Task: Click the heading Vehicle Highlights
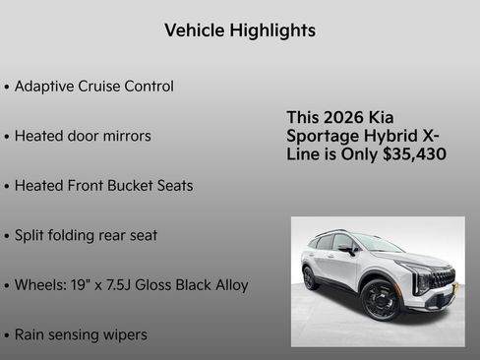[240, 30]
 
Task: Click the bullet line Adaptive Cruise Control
[94, 87]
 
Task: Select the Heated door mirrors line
[83, 136]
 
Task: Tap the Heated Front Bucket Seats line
[103, 186]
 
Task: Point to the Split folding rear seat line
[86, 236]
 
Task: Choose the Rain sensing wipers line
[81, 334]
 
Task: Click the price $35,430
[414, 154]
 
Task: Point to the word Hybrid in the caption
[392, 136]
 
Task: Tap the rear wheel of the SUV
[310, 278]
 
